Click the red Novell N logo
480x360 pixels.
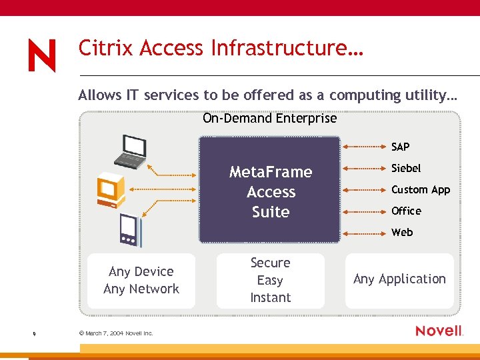tap(41, 55)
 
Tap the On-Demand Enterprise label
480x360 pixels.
tap(269, 119)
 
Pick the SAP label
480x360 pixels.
tap(400, 147)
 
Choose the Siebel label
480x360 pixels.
tap(405, 168)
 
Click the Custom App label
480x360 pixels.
tap(420, 190)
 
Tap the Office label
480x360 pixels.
tap(406, 211)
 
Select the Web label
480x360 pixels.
tap(402, 233)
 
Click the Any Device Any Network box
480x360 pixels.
tap(141, 281)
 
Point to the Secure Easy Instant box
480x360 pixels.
tap(270, 281)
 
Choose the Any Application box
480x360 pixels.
tap(399, 279)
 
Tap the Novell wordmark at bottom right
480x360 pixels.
tap(439, 331)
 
